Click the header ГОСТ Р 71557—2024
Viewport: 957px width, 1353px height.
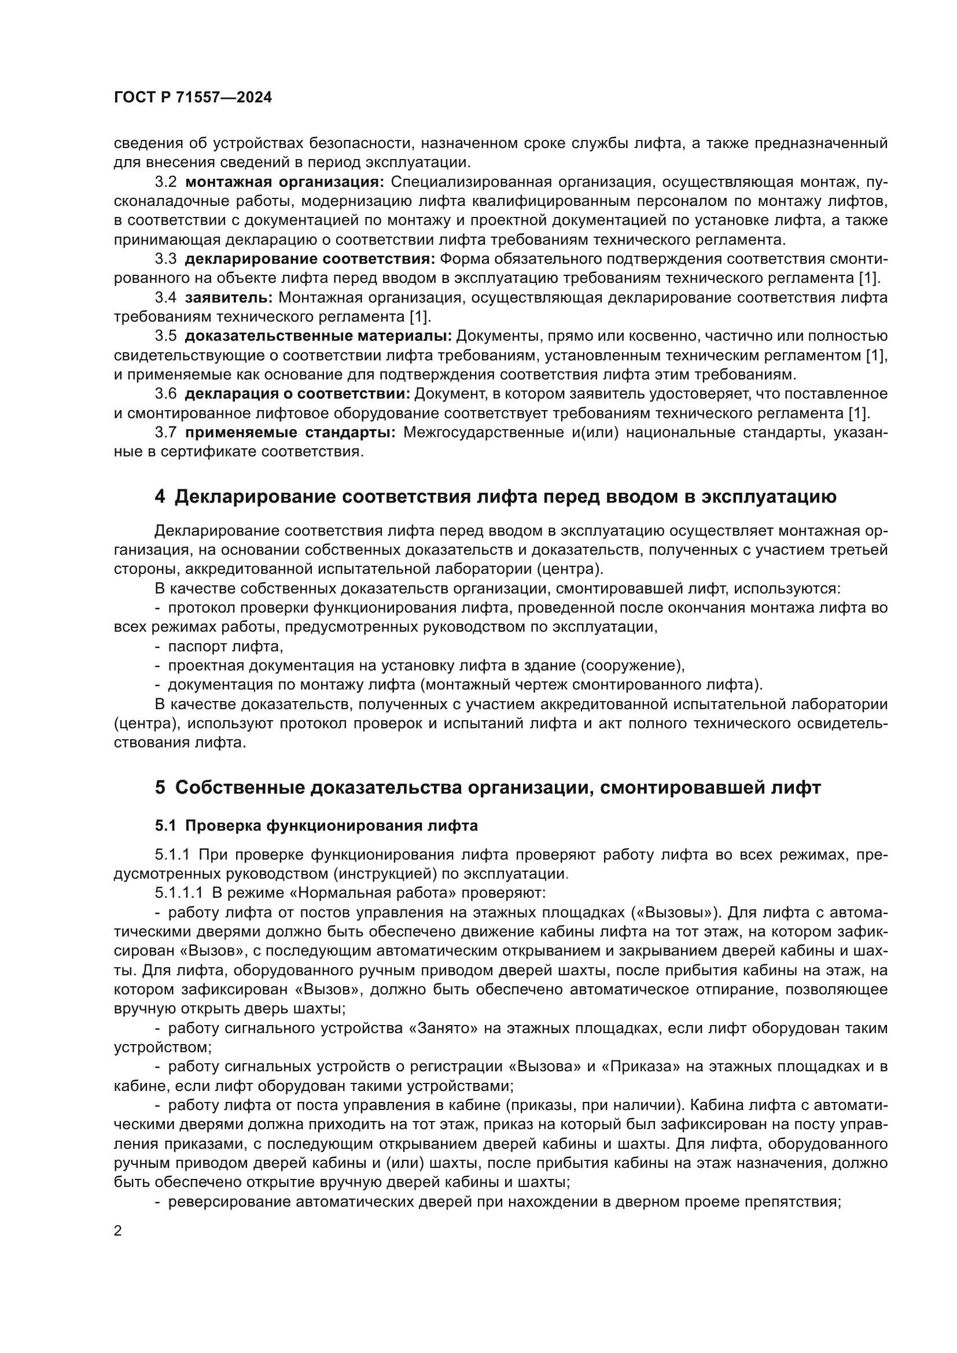pyautogui.click(x=193, y=98)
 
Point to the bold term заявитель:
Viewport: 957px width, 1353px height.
pyautogui.click(x=229, y=297)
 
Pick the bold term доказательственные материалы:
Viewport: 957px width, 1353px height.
pyautogui.click(x=318, y=337)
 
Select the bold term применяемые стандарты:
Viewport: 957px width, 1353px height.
pyautogui.click(x=290, y=433)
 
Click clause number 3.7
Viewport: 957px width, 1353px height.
pyautogui.click(x=165, y=433)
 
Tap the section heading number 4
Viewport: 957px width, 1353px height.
pyautogui.click(x=160, y=497)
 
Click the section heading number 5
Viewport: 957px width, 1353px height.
pyautogui.click(x=160, y=788)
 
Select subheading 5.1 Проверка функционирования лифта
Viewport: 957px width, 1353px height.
pyautogui.click(x=316, y=826)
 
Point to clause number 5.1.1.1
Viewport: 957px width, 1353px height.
pyautogui.click(x=179, y=893)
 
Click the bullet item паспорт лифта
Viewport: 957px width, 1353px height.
pyautogui.click(x=226, y=647)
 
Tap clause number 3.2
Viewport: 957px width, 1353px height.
pyautogui.click(x=165, y=182)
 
